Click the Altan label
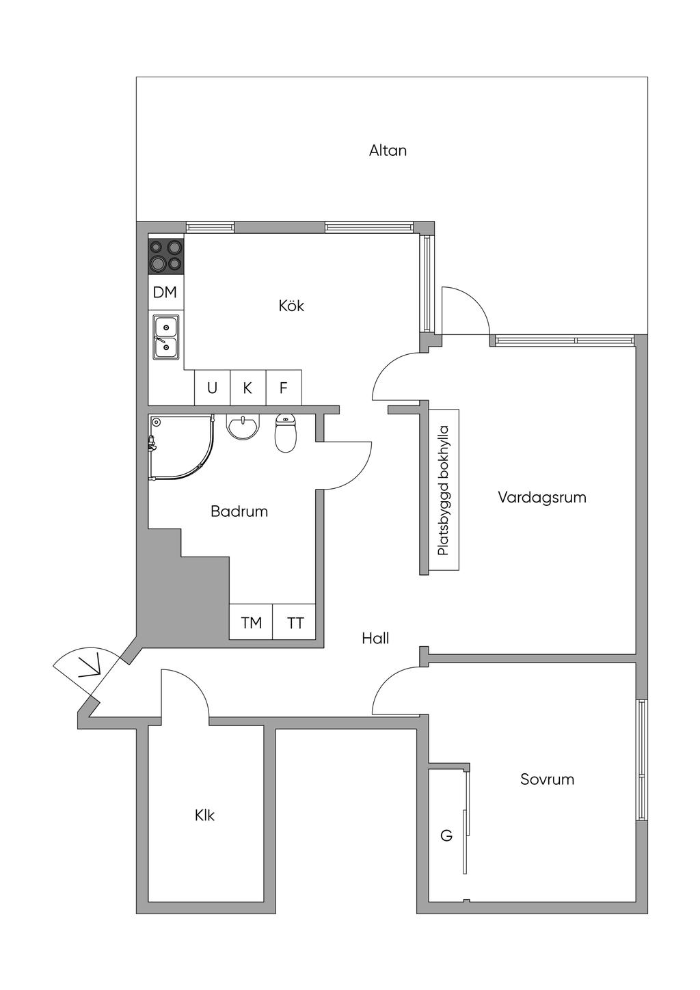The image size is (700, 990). [388, 150]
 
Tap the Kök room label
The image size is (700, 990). [291, 306]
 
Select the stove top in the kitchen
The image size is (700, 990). [165, 256]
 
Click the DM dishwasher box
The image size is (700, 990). [165, 292]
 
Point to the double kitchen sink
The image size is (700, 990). [165, 337]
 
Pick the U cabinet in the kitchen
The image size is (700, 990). [213, 388]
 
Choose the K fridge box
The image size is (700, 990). [248, 388]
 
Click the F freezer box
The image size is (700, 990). [284, 388]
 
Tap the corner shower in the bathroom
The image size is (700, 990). [181, 447]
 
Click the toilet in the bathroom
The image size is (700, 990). [286, 433]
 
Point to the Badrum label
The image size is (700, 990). [239, 511]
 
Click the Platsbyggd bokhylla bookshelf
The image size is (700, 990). [444, 490]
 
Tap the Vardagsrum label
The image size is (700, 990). [542, 498]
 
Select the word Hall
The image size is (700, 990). [375, 638]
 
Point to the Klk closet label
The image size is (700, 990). [204, 816]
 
